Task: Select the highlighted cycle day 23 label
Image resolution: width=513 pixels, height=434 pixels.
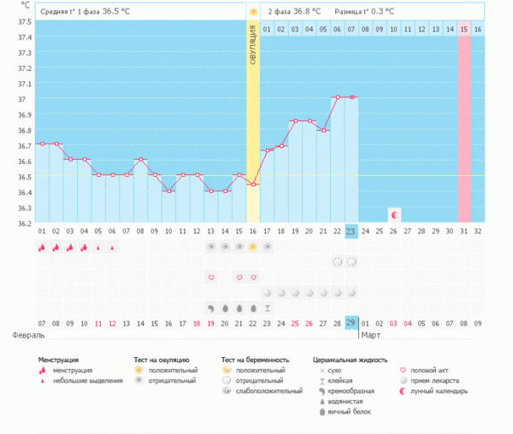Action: (351, 231)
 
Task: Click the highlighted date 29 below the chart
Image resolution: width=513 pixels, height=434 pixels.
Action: (351, 322)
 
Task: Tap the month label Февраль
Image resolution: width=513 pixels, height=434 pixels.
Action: (27, 336)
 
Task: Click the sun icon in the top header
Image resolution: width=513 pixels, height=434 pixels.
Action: (252, 11)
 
